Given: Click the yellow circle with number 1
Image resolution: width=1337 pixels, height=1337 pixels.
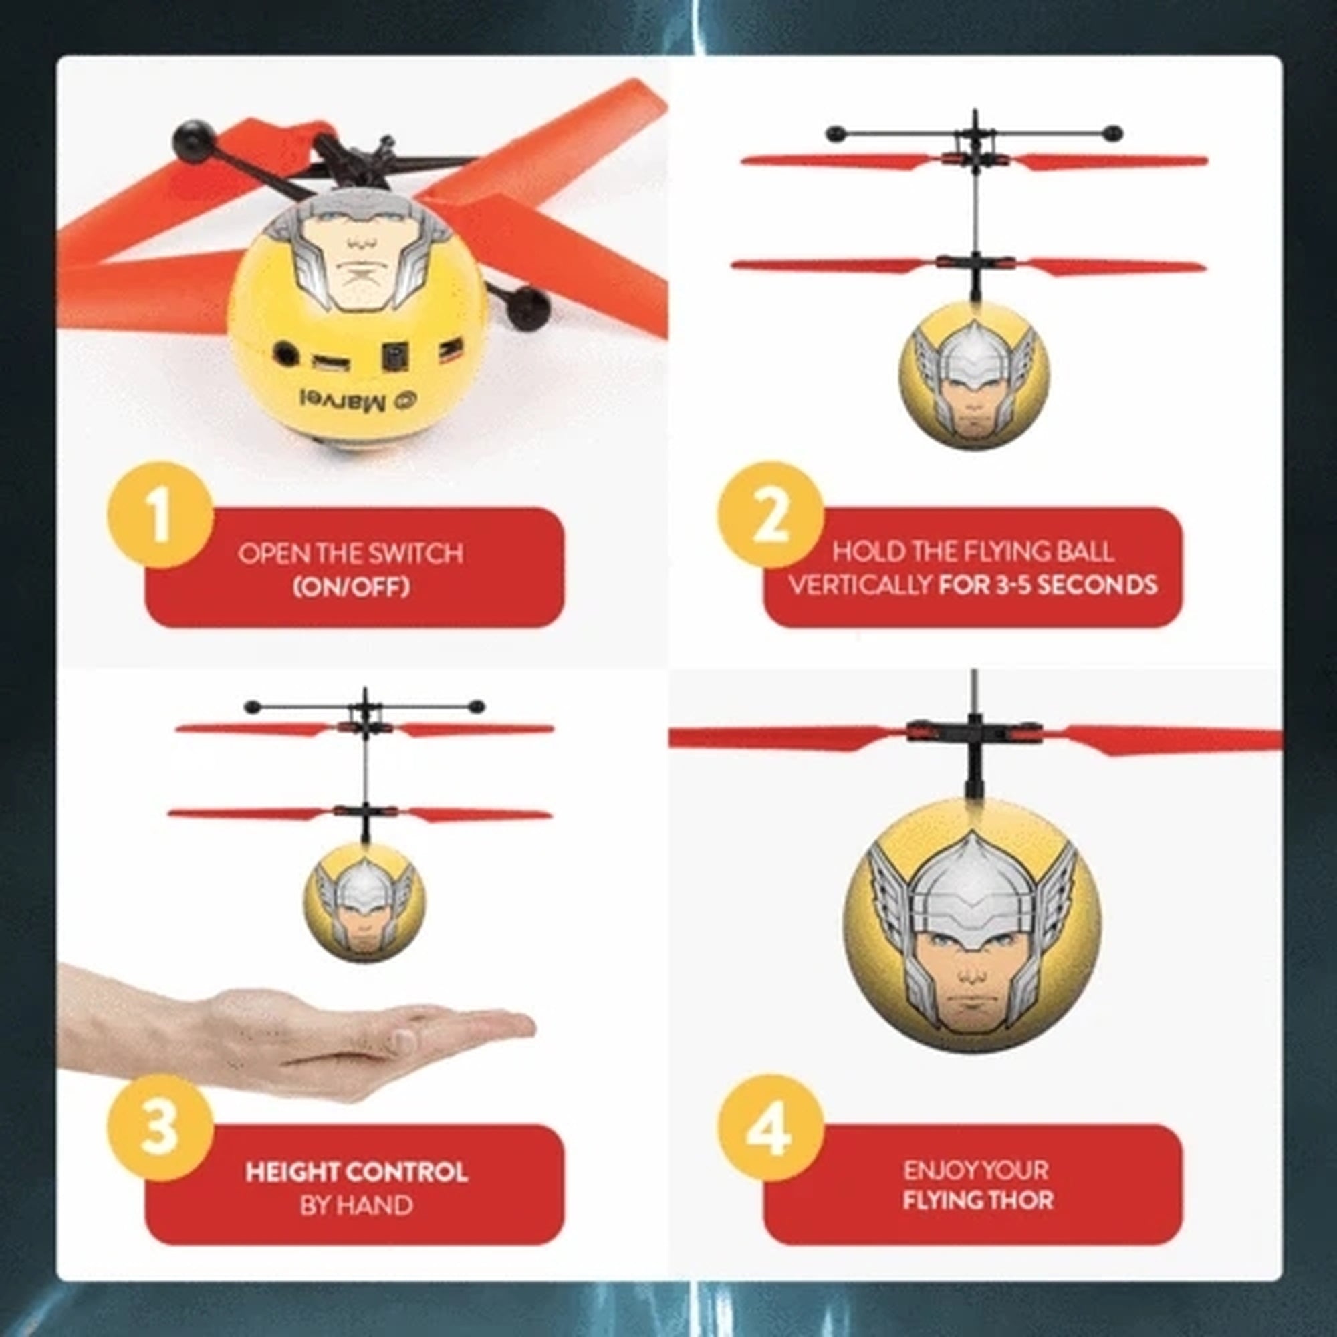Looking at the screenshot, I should pos(160,515).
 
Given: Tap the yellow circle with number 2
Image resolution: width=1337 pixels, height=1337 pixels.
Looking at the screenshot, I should pos(770,515).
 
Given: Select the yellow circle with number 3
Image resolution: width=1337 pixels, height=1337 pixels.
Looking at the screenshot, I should pos(160,1128).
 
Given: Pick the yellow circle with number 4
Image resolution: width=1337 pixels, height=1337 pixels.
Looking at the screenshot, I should pos(770,1128).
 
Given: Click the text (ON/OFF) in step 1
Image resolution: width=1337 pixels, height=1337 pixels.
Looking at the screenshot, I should pos(351,588).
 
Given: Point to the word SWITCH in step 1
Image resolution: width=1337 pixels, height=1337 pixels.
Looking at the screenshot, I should pos(415,554).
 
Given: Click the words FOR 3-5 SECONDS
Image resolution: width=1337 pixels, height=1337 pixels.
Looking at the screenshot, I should pos(1048,586).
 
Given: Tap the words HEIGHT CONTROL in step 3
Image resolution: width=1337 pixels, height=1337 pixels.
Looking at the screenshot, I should pos(356,1173).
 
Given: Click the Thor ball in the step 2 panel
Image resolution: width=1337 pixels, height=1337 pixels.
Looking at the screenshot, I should pos(974,377).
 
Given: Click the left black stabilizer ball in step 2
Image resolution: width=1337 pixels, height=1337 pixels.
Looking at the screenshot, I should pos(835,133).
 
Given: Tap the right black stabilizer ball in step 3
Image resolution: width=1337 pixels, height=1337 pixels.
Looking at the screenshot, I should pos(476,707).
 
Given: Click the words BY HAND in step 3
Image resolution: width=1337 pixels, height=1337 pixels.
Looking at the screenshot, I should pos(356,1205).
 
